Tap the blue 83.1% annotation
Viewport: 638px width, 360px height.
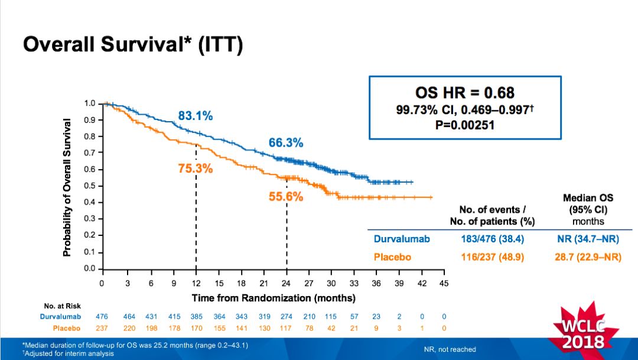[196, 116]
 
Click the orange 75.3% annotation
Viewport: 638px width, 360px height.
[195, 168]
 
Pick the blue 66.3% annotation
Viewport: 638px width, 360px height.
[286, 142]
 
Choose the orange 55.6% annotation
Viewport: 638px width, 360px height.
[286, 197]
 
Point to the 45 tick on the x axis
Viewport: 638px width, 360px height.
[444, 283]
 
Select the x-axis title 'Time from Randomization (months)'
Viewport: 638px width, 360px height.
[274, 297]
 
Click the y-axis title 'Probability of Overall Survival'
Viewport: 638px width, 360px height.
[67, 187]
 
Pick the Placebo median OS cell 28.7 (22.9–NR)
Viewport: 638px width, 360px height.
[588, 258]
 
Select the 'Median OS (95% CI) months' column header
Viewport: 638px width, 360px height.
[588, 209]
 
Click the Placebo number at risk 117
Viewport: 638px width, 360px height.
[287, 327]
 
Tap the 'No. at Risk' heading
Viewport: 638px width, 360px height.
[62, 306]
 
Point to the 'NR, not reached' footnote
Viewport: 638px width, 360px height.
[450, 349]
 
